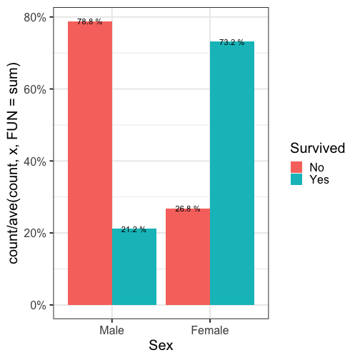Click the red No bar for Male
coord(90,163)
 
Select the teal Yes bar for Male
coord(134,266)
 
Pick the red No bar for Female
coord(188,256)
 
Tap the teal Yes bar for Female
coord(232,173)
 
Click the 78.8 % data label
coord(90,21)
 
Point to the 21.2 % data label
coord(134,229)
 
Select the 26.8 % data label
coord(188,209)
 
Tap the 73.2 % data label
coord(232,42)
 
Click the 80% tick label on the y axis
coord(35,18)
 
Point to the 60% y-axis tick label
coord(35,89)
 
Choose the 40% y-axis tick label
coord(35,161)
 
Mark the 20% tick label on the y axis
coord(35,234)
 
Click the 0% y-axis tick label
coord(38,305)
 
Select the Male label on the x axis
coord(112,331)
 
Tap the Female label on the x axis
coord(210,331)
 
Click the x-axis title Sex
coord(161,345)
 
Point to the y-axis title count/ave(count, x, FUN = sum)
coord(13,163)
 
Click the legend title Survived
coord(318,148)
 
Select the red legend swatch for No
coord(296,167)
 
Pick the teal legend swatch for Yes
coord(296,179)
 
